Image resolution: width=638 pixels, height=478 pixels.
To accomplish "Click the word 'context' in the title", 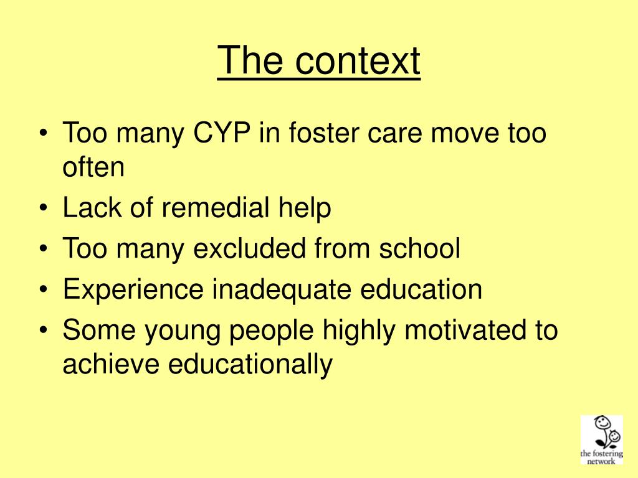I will pyautogui.click(x=358, y=61).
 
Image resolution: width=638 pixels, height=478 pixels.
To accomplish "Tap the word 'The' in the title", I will pyautogui.click(x=251, y=61).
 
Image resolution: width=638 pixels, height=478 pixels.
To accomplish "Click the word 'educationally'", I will pyautogui.click(x=250, y=364).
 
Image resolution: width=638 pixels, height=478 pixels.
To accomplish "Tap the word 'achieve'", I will pyautogui.click(x=110, y=364).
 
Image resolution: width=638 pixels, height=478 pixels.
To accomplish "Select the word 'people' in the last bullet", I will pyautogui.click(x=270, y=330).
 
